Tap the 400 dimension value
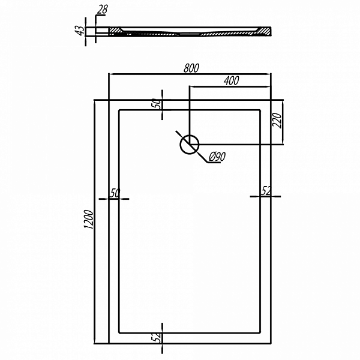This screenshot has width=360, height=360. coord(232,80)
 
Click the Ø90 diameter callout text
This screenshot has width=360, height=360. coord(216,157)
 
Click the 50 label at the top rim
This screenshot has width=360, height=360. coord(157,104)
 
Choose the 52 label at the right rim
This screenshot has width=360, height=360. coord(266,191)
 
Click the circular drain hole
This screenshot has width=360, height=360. coord(190,143)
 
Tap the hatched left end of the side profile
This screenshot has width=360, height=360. coord(115,31)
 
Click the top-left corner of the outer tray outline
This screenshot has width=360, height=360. coord(108,100)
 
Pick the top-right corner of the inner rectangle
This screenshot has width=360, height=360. coord(260,110)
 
